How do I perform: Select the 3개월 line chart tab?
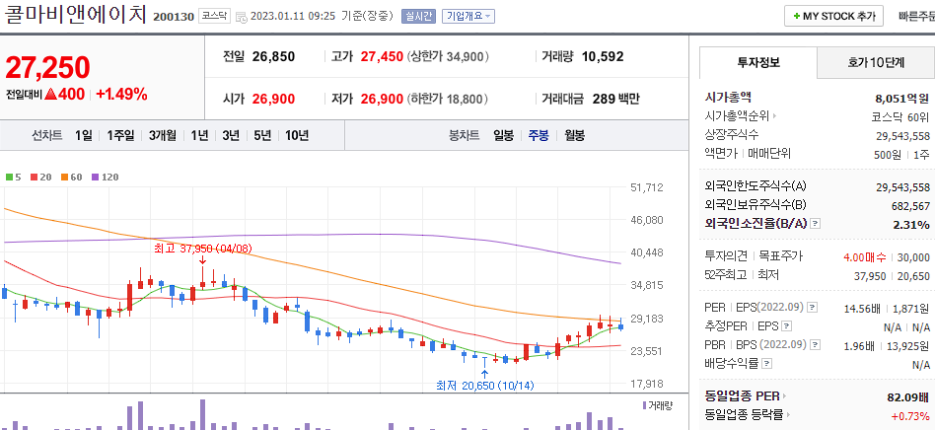[163, 135]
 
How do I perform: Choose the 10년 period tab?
[296, 135]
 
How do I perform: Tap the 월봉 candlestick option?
[574, 135]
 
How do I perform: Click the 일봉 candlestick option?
[503, 135]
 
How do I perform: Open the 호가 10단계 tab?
[876, 62]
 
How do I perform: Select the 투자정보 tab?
[757, 62]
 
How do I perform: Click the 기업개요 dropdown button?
[468, 16]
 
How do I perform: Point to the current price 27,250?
[47, 67]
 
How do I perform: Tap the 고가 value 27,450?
[382, 56]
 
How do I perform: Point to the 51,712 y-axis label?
[646, 187]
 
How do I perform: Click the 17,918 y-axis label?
[646, 384]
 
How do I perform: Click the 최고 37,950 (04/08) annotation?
[202, 249]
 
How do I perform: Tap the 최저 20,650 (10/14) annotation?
[483, 385]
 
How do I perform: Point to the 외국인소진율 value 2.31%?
[911, 224]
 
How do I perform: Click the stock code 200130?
[174, 16]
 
